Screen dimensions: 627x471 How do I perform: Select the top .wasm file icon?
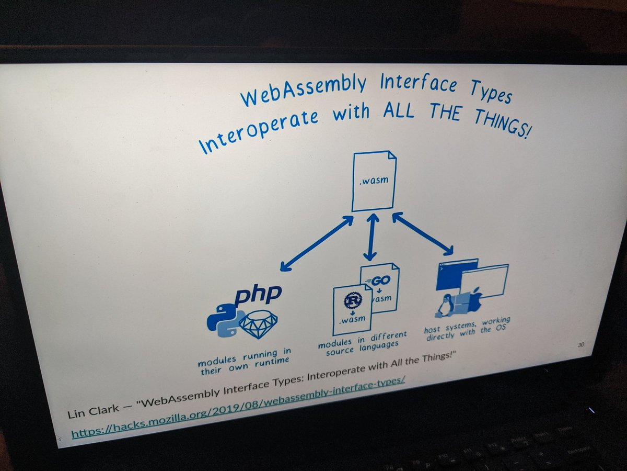373,181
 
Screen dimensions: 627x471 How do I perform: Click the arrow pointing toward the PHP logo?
317,244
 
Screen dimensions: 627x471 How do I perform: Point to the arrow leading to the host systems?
423,233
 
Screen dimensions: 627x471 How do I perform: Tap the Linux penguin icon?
445,305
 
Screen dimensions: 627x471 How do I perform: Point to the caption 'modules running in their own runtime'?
245,360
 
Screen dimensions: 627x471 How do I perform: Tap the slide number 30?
580,344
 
